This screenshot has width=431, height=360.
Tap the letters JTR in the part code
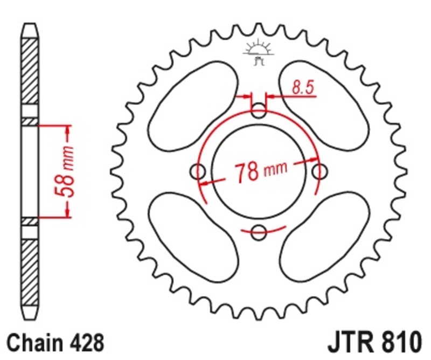(x=350, y=343)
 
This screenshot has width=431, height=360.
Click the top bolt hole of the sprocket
(x=259, y=113)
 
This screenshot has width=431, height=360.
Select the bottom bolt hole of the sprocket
(x=259, y=233)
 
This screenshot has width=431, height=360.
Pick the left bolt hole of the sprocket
(x=199, y=172)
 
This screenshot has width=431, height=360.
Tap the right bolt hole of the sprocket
(x=320, y=172)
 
